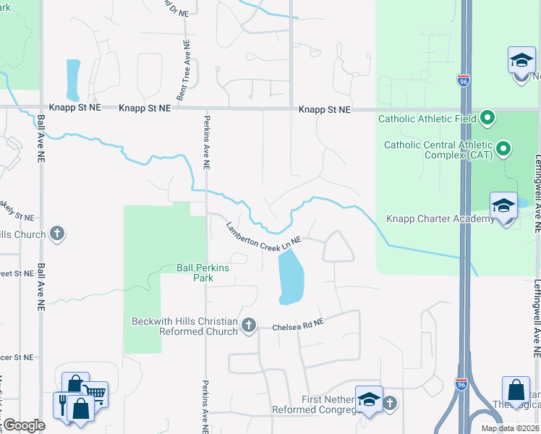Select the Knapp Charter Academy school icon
pos(503,205)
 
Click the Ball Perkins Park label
pos(203,272)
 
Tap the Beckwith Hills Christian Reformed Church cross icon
pos(249,325)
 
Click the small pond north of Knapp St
pos(73,80)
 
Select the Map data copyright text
pos(510,428)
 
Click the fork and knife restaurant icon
pos(64,404)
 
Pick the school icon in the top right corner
pos(521,61)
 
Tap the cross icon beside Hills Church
pos(57,234)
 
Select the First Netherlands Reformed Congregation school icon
pos(368,399)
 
